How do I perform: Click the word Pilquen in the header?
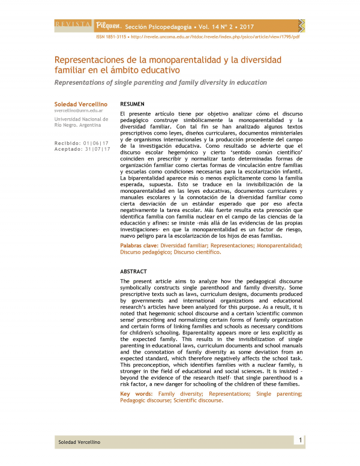109,26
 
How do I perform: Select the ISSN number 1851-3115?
115,36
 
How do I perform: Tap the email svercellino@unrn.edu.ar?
79,111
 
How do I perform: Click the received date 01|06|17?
97,143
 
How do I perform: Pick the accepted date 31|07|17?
97,149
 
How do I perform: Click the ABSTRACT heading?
133,271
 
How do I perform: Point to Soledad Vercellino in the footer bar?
79,442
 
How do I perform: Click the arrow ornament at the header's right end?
301,25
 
